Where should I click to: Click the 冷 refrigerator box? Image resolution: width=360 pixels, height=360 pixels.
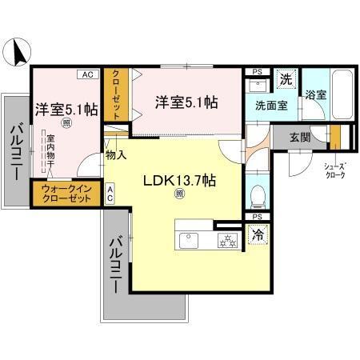pos(258,234)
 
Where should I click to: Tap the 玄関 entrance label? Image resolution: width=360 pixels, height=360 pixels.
pos(290,137)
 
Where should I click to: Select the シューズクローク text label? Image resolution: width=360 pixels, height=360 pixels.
pos(334,171)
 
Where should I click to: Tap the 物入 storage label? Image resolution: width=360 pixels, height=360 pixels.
pos(116,154)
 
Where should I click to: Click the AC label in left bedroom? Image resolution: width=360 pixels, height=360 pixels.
pos(86,74)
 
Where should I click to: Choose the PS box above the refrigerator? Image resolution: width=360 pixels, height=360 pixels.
pos(256,217)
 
